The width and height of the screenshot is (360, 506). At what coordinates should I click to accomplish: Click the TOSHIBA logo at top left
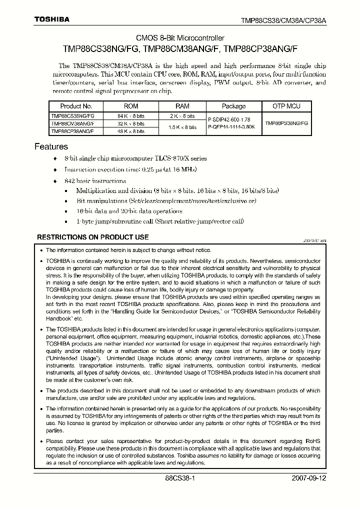(51, 19)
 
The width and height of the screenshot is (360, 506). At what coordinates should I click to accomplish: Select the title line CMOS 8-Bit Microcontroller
(180, 38)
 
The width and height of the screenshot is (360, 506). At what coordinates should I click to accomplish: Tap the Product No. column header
(76, 106)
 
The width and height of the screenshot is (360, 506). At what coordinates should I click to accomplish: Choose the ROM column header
(131, 106)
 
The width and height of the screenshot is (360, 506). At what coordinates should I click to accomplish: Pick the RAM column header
(182, 106)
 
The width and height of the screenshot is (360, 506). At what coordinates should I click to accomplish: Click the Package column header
(233, 106)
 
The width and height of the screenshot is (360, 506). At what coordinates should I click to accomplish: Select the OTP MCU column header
(286, 106)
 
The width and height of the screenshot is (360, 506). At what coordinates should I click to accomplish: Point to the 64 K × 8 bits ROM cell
(131, 115)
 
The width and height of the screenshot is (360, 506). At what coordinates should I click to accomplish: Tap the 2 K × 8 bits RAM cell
(182, 115)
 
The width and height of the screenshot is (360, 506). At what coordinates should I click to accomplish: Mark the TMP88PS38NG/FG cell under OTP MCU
(286, 123)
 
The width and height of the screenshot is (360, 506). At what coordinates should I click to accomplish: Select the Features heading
(51, 146)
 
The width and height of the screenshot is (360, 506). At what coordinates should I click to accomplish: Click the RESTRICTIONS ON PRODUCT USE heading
(93, 237)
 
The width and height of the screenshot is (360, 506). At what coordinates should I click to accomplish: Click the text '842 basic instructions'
(95, 181)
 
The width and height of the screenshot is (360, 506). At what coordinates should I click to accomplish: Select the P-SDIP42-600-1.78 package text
(231, 119)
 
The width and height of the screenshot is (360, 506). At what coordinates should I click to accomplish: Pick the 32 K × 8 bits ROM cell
(131, 123)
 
